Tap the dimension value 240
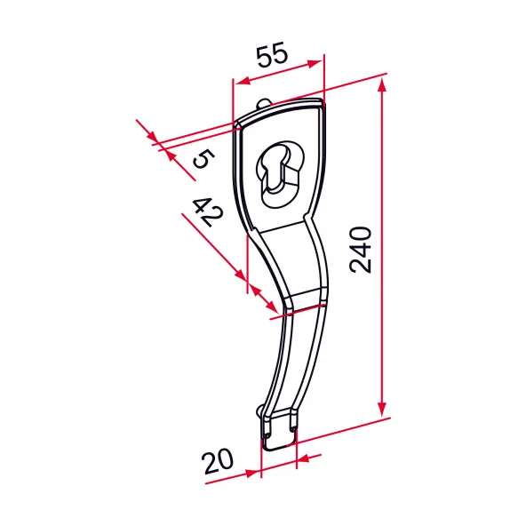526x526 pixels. pos(361,251)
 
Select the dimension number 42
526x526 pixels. pos(208,212)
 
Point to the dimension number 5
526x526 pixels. pos(203,159)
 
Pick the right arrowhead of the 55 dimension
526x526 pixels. pos(315,63)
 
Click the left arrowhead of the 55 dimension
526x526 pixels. pos(243,81)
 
